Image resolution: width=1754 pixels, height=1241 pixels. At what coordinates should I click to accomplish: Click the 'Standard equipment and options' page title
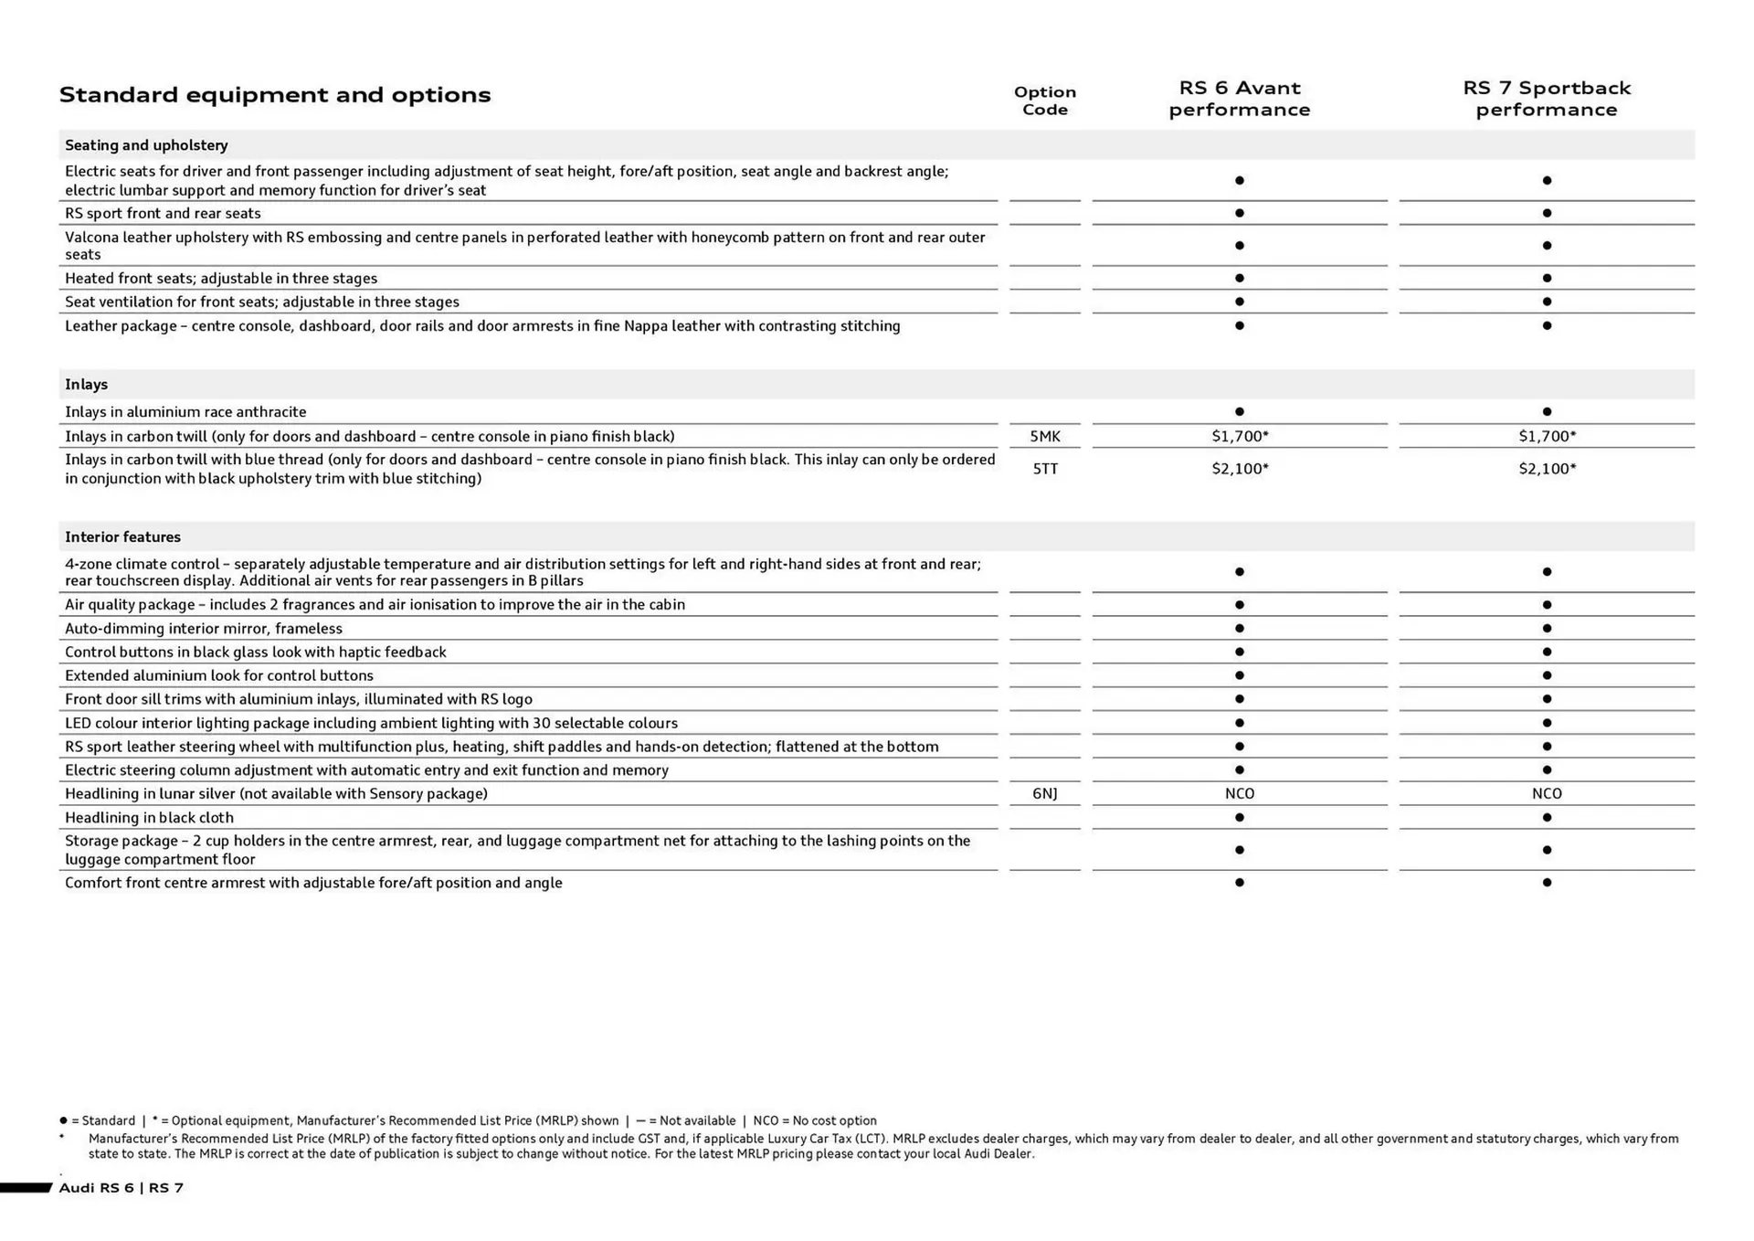(274, 95)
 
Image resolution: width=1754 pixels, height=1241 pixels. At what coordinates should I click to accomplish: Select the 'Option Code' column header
(1044, 101)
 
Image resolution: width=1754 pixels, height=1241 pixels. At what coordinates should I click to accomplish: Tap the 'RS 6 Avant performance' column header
(1239, 99)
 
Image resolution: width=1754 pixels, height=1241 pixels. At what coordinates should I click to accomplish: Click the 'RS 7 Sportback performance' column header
(1546, 99)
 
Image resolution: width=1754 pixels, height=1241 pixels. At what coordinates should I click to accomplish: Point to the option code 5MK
(1044, 437)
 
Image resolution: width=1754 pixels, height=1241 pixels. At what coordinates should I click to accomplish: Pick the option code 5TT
(1044, 469)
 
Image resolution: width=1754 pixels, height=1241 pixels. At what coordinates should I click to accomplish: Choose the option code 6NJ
(1044, 794)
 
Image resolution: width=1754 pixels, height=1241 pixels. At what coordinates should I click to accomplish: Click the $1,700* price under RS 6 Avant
(1240, 437)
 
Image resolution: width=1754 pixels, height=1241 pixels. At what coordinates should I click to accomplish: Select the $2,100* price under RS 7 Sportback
(1547, 469)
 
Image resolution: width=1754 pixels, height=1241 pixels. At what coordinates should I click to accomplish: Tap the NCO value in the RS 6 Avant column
(1239, 794)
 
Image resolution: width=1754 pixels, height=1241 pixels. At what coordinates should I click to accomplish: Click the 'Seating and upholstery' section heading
(146, 145)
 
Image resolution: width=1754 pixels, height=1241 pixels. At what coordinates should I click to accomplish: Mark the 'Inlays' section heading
(86, 385)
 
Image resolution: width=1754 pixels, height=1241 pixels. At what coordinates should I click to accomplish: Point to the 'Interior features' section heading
(122, 537)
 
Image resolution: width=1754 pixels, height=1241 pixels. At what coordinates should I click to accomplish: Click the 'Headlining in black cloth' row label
(149, 818)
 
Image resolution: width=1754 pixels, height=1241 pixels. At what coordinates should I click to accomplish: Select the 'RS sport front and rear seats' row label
(163, 214)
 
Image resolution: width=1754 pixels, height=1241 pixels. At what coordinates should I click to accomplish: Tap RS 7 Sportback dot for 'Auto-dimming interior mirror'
(1547, 629)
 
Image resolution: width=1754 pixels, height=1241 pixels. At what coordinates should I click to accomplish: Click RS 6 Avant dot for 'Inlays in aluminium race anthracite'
(1239, 412)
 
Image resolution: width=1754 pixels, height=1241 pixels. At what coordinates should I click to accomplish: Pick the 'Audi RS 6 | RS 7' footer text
(121, 1188)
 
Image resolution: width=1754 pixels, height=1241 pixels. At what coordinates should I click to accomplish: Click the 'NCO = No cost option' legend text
(814, 1121)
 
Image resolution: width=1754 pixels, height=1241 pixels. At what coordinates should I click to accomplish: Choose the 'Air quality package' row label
(375, 605)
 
